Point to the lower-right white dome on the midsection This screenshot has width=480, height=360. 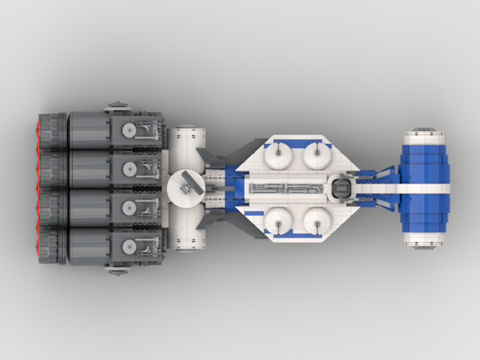pyautogui.click(x=315, y=218)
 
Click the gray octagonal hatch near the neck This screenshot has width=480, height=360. pyautogui.click(x=342, y=187)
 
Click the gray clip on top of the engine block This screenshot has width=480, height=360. pyautogui.click(x=117, y=105)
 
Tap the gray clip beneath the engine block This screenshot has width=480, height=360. pyautogui.click(x=117, y=269)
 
